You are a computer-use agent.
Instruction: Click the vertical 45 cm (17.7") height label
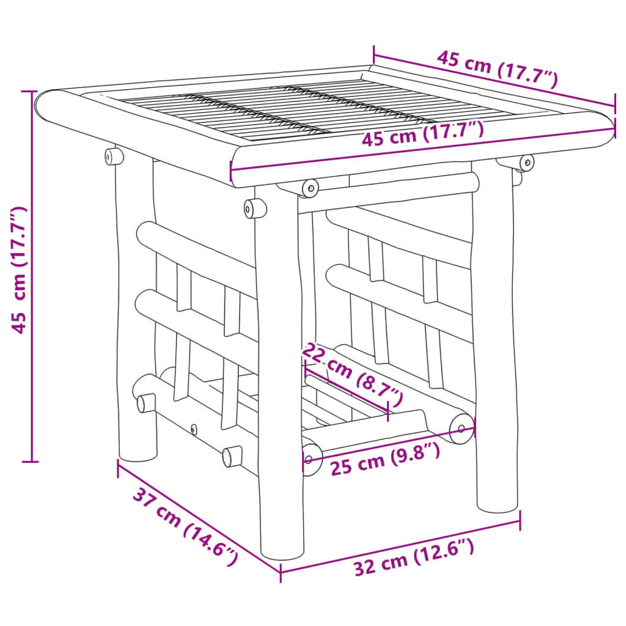point(20,270)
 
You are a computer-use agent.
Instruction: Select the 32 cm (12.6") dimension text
point(414,558)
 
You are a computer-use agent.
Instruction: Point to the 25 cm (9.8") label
point(385,458)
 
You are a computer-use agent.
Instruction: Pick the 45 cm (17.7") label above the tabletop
point(496,69)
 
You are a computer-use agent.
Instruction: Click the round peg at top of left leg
point(113,156)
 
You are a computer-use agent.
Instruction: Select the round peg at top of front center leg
point(255,208)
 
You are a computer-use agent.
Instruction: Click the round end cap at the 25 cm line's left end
point(312,458)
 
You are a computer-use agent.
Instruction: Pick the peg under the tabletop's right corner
point(525,163)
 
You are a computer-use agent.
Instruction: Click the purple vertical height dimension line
point(31,275)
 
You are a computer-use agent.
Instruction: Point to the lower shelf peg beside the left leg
point(145,403)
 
